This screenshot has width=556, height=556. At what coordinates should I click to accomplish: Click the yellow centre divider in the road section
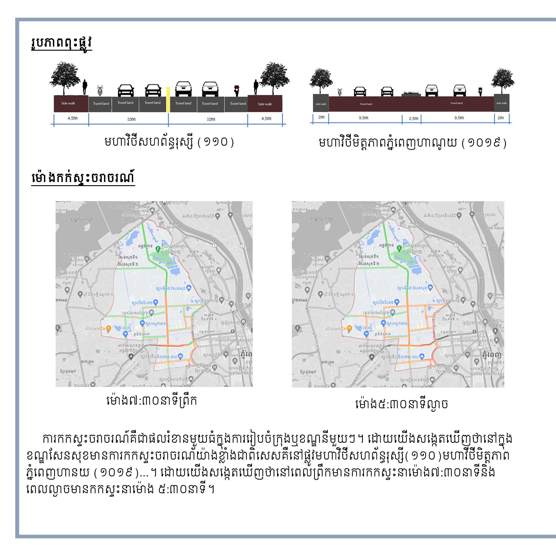(x=168, y=100)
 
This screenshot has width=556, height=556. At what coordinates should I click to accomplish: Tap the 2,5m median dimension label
(x=414, y=118)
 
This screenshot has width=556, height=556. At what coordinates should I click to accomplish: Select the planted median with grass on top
(x=411, y=93)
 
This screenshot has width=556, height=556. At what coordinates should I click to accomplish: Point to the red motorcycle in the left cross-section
(x=237, y=90)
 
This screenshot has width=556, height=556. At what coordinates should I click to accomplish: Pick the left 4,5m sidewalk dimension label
(x=72, y=118)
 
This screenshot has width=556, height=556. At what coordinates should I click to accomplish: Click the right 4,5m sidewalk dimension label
(x=266, y=118)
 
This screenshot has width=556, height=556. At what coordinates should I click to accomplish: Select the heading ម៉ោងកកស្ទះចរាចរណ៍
(x=83, y=178)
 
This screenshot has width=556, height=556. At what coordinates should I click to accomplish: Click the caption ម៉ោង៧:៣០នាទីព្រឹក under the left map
(x=152, y=400)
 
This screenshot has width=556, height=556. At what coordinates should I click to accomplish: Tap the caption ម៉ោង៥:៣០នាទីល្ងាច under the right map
(x=402, y=404)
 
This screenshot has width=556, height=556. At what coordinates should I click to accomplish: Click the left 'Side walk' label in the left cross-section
(x=68, y=103)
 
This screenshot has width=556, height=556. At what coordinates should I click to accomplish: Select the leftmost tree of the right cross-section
(x=321, y=80)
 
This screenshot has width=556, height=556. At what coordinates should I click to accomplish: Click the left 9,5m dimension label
(x=363, y=118)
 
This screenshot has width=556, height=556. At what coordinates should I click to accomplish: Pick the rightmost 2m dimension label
(x=501, y=117)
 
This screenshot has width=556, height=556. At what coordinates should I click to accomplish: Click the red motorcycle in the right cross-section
(x=480, y=91)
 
